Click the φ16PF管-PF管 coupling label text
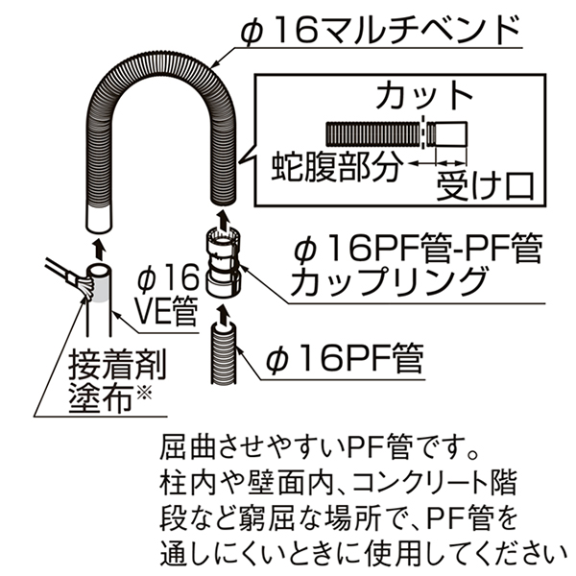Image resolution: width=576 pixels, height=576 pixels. coord(416,251)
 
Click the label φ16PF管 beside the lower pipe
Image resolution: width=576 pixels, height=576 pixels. coord(345,359)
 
